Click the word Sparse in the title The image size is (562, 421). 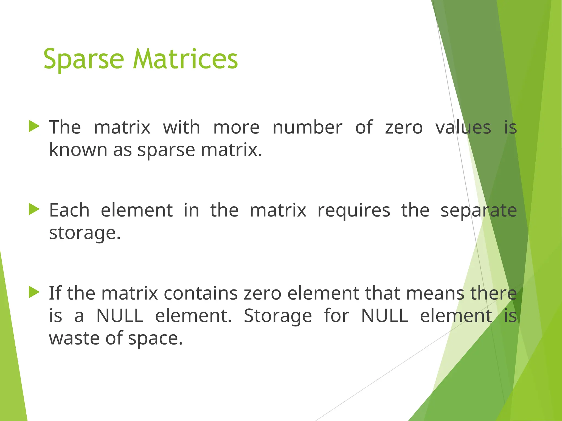84,59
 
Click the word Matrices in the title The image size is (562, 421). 185,59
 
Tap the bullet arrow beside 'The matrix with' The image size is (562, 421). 34,127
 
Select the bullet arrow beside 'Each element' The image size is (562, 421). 34,210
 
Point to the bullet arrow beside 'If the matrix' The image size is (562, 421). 34,292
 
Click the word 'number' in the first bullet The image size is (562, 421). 307,127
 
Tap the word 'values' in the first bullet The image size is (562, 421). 463,127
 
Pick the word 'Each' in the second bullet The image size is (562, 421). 69,210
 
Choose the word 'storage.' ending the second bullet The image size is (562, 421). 85,233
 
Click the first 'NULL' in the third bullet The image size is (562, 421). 120,316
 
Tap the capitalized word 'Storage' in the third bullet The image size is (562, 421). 278,316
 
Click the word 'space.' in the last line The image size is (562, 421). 155,339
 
